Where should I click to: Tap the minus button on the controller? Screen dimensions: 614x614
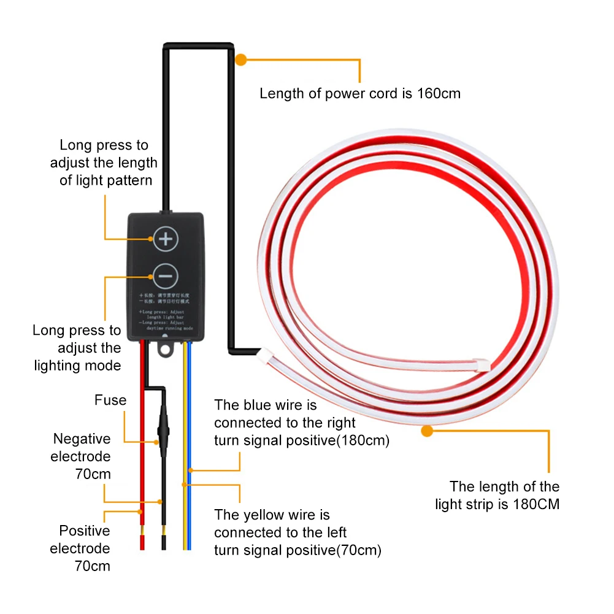point(165,277)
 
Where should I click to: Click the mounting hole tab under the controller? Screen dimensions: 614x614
point(165,349)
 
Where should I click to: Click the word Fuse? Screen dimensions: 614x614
point(110,401)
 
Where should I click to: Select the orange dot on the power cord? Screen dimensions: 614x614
point(241,60)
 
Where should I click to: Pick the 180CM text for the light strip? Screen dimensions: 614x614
point(539,504)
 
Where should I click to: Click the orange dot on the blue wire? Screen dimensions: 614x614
point(191,470)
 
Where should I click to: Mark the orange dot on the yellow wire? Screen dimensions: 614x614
point(185,485)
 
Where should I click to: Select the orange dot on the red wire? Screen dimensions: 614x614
point(140,511)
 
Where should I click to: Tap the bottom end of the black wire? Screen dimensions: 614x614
point(163,542)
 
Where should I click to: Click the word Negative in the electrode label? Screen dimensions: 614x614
point(82,439)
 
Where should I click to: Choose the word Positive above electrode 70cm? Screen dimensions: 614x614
point(85,531)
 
